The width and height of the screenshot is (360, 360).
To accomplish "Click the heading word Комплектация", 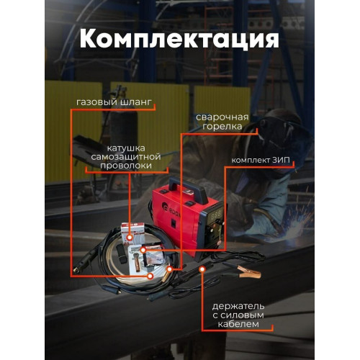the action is tap(179, 40).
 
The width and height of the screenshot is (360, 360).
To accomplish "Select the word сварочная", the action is tap(222, 117).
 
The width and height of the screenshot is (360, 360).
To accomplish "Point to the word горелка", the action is tap(222, 127).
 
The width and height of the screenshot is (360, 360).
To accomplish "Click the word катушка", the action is tap(126, 148).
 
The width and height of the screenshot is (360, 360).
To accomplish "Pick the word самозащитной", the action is tap(126, 157).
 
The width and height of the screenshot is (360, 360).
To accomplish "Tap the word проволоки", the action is tap(126, 166).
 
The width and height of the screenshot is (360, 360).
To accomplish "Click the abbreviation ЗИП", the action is tap(281, 160).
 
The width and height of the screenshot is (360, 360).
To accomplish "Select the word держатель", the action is tap(238, 306).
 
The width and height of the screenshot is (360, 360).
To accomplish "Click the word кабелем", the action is tap(238, 324).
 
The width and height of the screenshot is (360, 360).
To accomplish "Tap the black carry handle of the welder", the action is tap(188, 190).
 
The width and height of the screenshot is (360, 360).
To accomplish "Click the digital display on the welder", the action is tap(216, 215).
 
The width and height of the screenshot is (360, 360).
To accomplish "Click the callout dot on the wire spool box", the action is tap(130, 238).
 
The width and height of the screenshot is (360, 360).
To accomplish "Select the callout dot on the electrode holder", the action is tap(202, 269).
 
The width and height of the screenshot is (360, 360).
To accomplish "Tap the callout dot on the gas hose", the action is tap(150, 276).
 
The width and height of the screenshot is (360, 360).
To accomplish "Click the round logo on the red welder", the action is tap(166, 207).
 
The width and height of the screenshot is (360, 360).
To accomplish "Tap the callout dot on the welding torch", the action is tap(170, 269).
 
